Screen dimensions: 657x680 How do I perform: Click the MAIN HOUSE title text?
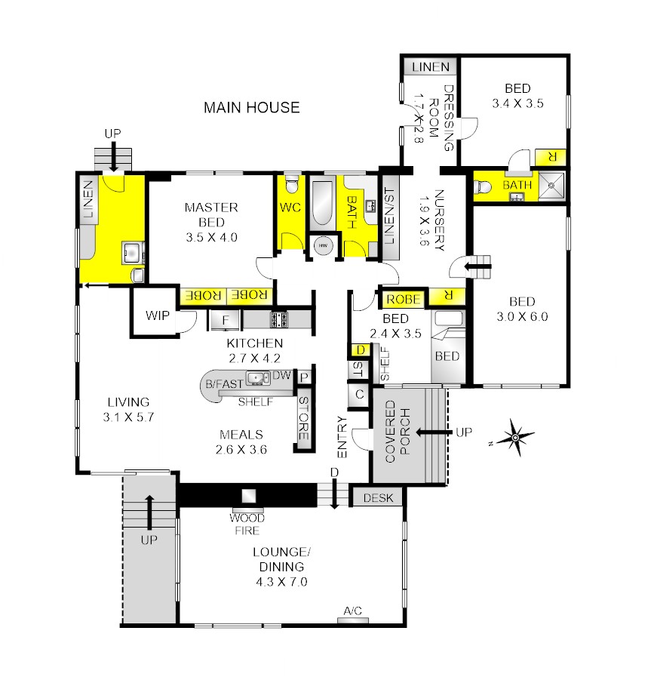(x=252, y=107)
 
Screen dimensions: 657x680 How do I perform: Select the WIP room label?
(x=158, y=315)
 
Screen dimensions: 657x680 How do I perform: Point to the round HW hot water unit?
(x=323, y=245)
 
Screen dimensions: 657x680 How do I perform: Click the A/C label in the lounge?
(x=352, y=611)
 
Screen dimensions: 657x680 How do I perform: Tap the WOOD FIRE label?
(x=247, y=524)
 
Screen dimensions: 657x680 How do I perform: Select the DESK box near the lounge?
(x=377, y=497)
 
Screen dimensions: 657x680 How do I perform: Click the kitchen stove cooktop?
(x=280, y=319)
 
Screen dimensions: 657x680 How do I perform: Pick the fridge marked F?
(x=225, y=320)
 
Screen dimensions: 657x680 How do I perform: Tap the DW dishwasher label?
(x=281, y=374)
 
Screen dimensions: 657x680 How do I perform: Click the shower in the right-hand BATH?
(x=551, y=186)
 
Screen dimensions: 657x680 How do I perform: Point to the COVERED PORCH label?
(x=397, y=432)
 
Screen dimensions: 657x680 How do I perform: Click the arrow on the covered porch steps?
(x=434, y=432)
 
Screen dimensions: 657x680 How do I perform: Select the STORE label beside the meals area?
(x=304, y=418)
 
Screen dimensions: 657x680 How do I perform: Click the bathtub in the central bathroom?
(x=322, y=203)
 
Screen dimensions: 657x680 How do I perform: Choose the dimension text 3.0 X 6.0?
(x=522, y=316)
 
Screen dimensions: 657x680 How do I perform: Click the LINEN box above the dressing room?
(x=431, y=66)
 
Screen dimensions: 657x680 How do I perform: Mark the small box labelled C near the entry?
(x=359, y=395)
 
